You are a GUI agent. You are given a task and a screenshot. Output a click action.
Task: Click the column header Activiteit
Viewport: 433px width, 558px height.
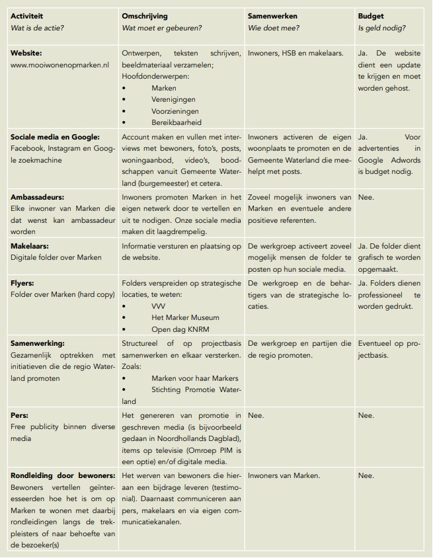(28, 16)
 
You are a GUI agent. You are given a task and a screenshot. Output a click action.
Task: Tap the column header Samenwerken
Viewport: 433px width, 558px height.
(272, 16)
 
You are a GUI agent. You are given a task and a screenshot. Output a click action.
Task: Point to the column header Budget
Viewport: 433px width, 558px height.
(371, 16)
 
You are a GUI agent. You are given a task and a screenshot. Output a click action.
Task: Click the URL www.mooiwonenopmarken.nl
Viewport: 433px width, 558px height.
(59, 65)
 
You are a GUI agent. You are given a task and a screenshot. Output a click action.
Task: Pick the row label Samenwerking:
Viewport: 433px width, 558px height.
(38, 343)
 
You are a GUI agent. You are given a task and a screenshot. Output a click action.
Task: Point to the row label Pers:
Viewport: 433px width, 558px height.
(20, 415)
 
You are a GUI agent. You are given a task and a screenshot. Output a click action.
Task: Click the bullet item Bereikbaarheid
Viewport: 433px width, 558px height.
(177, 122)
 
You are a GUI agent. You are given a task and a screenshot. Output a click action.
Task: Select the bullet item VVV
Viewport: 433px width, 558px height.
(159, 307)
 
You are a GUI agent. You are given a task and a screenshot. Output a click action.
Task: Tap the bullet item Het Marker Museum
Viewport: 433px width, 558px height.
(185, 317)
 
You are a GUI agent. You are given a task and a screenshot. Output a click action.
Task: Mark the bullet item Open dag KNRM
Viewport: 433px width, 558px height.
(180, 329)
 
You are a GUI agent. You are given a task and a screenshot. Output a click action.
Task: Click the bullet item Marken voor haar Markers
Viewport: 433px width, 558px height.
(194, 378)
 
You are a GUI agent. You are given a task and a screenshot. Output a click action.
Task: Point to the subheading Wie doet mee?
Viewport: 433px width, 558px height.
(272, 28)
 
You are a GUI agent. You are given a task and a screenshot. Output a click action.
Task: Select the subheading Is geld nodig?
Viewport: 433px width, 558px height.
(382, 28)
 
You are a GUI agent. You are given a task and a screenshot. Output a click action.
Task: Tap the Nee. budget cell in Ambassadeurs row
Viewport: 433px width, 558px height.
(366, 197)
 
